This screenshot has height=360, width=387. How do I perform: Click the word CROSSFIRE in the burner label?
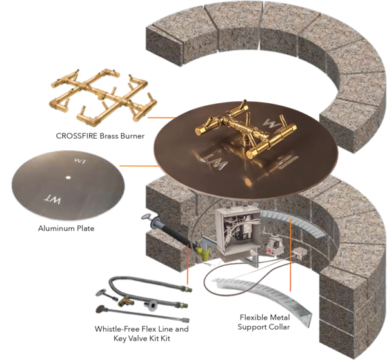77,136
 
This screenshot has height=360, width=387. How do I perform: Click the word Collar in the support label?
280,327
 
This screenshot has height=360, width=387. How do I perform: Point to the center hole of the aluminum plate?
68,177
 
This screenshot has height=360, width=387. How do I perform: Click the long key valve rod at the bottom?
143,314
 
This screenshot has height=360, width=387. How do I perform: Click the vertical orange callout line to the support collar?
290,254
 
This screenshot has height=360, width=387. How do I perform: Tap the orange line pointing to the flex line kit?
188,264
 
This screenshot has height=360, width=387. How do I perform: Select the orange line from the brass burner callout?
161,117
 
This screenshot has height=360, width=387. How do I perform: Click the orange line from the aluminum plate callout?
139,166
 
